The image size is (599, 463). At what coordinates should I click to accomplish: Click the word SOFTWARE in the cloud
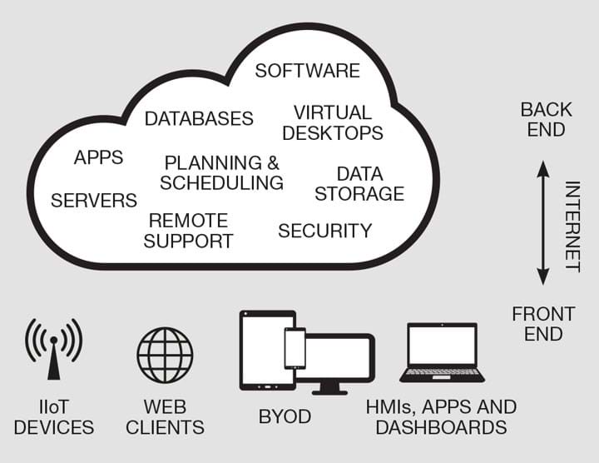pyautogui.click(x=307, y=71)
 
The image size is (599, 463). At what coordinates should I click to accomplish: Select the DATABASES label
pyautogui.click(x=199, y=118)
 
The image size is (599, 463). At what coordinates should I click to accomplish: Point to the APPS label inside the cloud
pyautogui.click(x=98, y=157)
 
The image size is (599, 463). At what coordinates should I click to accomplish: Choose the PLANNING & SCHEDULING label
pyautogui.click(x=221, y=172)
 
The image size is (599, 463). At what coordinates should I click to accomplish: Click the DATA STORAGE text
pyautogui.click(x=359, y=184)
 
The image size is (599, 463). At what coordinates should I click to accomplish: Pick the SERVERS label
pyautogui.click(x=94, y=201)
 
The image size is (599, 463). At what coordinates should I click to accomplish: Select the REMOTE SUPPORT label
pyautogui.click(x=188, y=231)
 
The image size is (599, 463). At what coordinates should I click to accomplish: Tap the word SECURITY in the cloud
pyautogui.click(x=324, y=231)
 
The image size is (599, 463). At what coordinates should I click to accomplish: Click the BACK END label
pyautogui.click(x=546, y=119)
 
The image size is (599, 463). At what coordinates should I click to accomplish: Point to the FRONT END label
pyautogui.click(x=543, y=324)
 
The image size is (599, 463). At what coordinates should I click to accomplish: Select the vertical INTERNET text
pyautogui.click(x=572, y=226)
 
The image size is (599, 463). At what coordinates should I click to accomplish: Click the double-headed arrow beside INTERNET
pyautogui.click(x=542, y=222)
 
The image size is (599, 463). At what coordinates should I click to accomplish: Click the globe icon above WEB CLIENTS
pyautogui.click(x=165, y=355)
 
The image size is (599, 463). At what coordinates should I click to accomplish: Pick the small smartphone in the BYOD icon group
pyautogui.click(x=295, y=348)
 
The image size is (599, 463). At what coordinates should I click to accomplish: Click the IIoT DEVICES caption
pyautogui.click(x=54, y=417)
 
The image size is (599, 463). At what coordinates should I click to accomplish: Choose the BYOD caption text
pyautogui.click(x=285, y=416)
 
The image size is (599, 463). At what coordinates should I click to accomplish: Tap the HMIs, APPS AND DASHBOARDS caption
pyautogui.click(x=441, y=417)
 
